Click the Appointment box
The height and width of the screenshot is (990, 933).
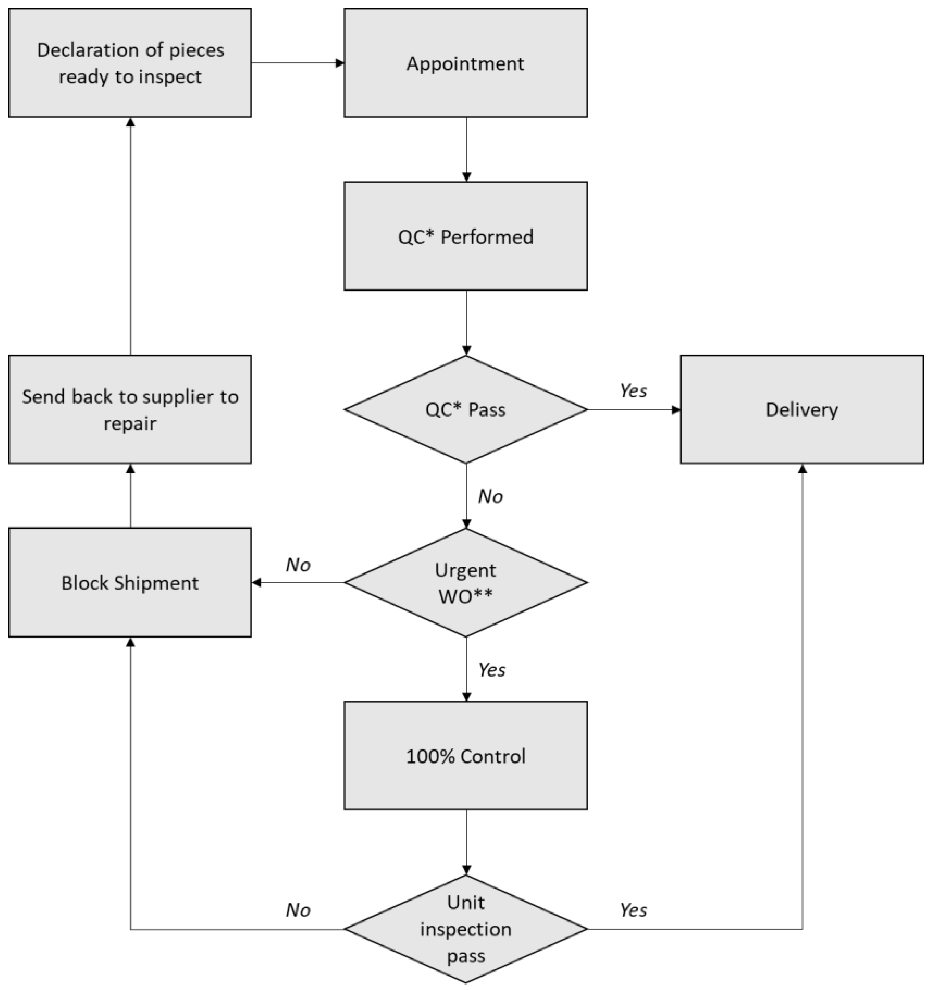[465, 63]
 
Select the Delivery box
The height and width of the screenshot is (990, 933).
[801, 409]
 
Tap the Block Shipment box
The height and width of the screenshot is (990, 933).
[130, 582]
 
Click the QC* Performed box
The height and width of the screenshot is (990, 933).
[465, 236]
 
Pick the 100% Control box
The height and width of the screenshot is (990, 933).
[465, 756]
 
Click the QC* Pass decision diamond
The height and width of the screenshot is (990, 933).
[465, 409]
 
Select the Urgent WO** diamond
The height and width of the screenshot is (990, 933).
[465, 582]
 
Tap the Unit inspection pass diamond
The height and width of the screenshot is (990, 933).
[465, 929]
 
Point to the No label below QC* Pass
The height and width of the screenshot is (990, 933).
[490, 497]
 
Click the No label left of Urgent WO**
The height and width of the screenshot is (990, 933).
[298, 565]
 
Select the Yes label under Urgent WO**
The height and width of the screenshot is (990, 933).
[492, 670]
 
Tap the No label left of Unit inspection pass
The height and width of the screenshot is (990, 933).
[298, 910]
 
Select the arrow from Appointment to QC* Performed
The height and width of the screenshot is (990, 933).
[466, 149]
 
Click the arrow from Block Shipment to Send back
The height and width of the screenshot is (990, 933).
[130, 496]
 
